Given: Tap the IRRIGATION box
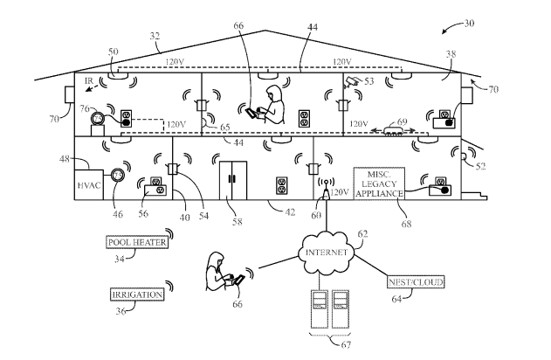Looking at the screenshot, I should click(137, 294).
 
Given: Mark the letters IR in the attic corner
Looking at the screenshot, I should click(89, 80).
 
